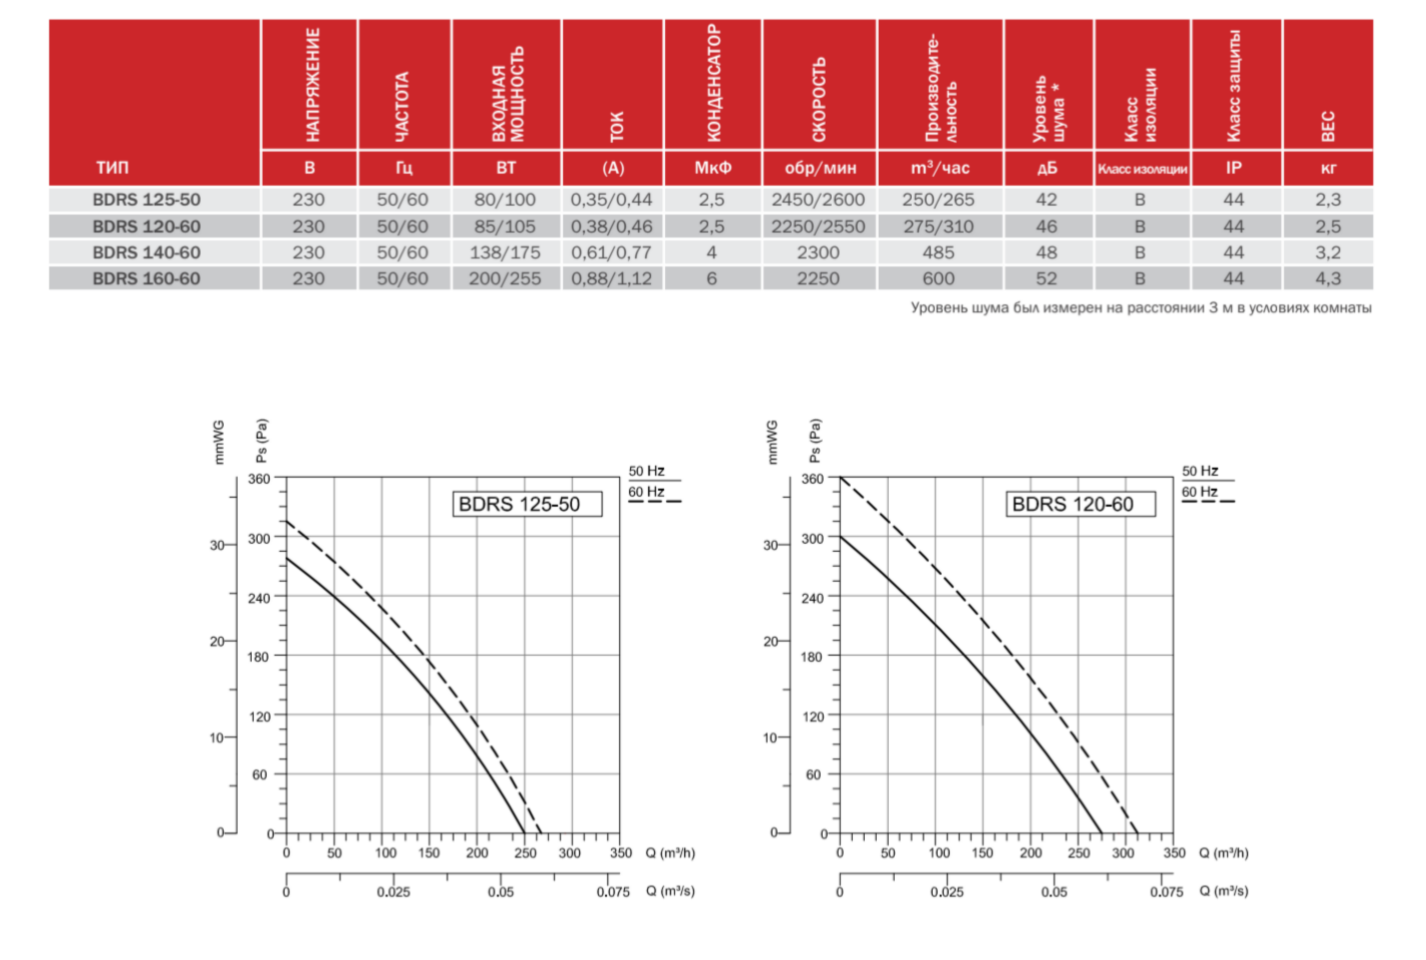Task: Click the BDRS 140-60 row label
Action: click(x=146, y=252)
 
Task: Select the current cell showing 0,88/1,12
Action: click(x=611, y=278)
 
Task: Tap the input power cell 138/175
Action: click(x=504, y=252)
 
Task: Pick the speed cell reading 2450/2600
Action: click(x=818, y=200)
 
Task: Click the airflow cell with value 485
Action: click(x=938, y=252)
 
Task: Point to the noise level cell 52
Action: click(x=1046, y=278)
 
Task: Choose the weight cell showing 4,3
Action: click(x=1327, y=278)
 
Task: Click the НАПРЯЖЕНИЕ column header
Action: click(x=312, y=85)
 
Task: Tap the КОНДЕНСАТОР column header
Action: click(x=713, y=85)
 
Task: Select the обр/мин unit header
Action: click(x=820, y=168)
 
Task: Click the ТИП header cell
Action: click(x=112, y=168)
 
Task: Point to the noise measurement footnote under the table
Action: click(x=1140, y=307)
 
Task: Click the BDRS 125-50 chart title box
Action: click(x=528, y=504)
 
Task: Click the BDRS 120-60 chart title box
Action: click(x=1080, y=504)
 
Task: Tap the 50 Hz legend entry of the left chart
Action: click(x=647, y=471)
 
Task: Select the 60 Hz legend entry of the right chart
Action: click(x=1200, y=492)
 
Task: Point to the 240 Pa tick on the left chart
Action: click(x=259, y=598)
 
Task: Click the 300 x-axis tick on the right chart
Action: click(x=1122, y=853)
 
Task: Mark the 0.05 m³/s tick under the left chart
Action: click(x=500, y=892)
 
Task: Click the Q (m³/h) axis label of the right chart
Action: click(x=1223, y=853)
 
